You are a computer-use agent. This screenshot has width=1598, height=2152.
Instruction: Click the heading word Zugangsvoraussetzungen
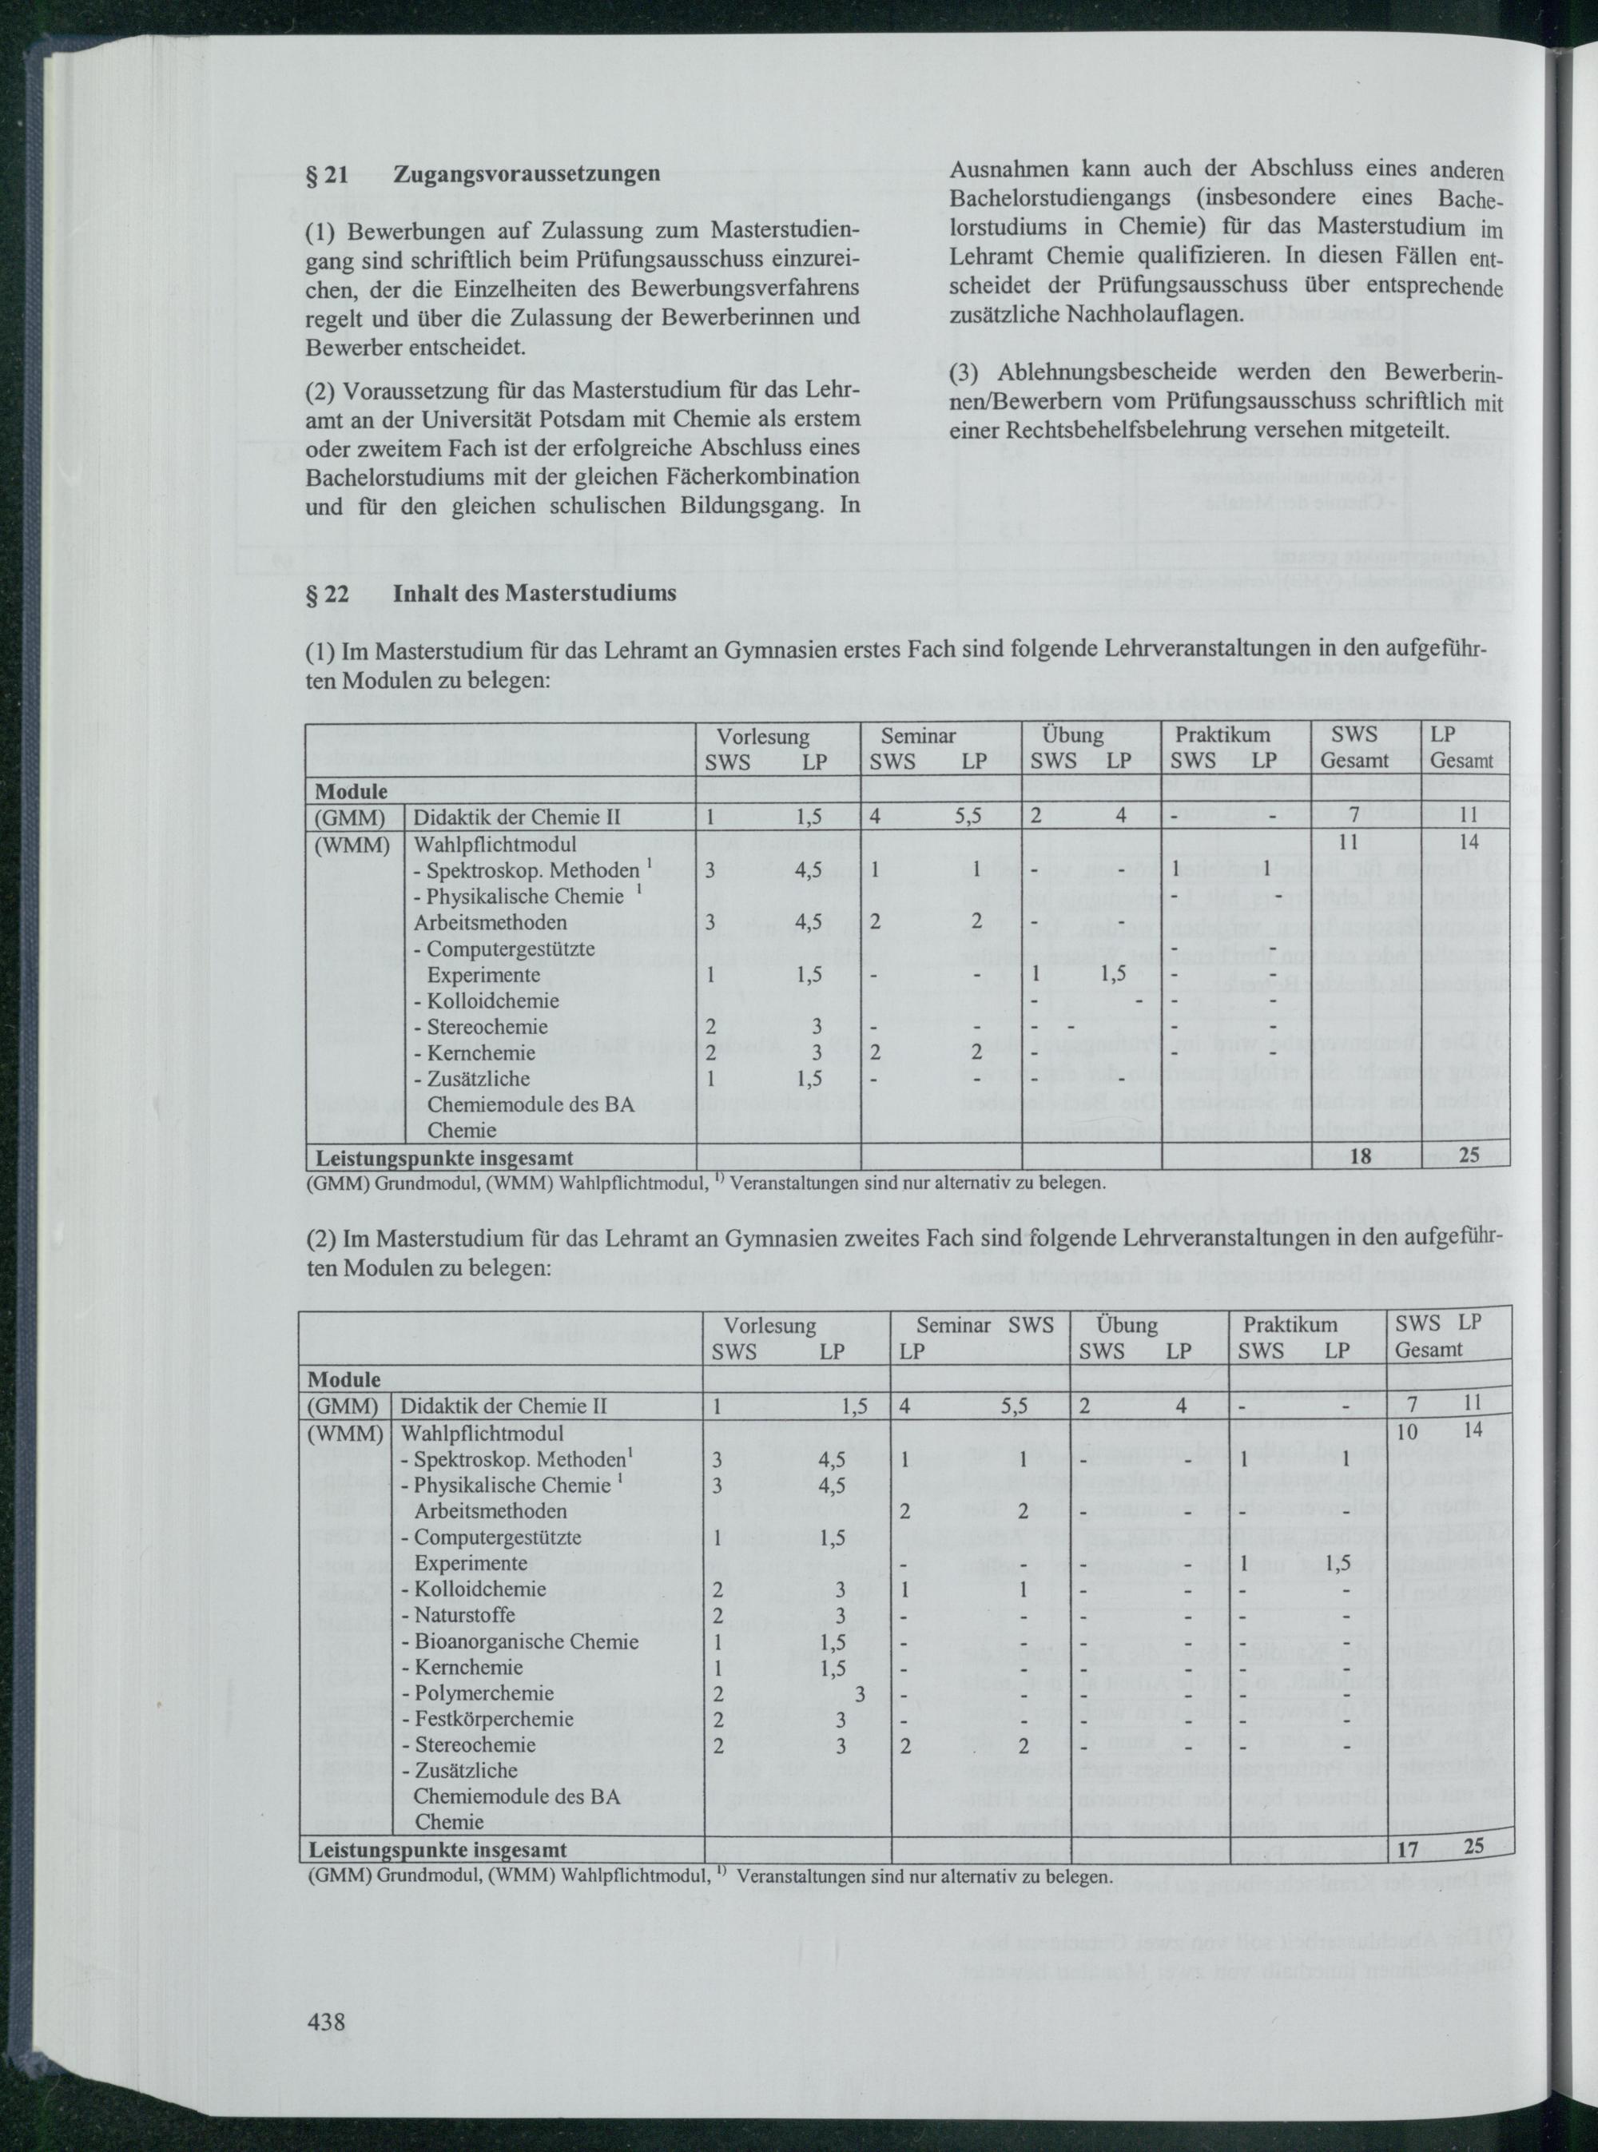(527, 174)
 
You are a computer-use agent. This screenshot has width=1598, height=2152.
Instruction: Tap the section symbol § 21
(326, 174)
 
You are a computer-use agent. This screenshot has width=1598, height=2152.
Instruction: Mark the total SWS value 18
(1360, 1156)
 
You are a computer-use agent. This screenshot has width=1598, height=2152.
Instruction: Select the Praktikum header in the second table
(1290, 1324)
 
